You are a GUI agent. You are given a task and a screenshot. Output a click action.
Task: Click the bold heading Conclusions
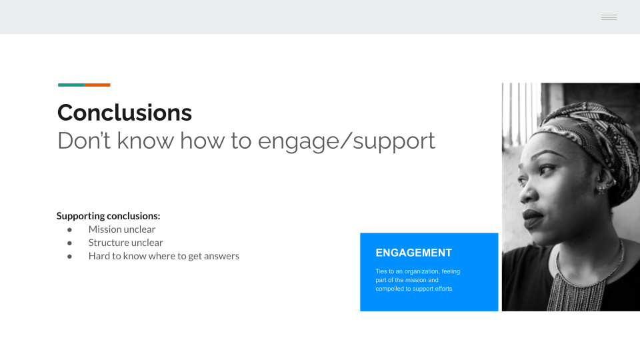point(125,113)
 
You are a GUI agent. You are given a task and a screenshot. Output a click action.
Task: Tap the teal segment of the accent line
point(71,85)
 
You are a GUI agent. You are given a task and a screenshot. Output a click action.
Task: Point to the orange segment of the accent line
point(97,85)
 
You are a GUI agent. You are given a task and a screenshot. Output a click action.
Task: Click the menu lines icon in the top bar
point(609,17)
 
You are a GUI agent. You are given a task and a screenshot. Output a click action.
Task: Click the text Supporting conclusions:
point(108,216)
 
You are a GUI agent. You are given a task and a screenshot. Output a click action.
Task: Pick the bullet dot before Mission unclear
point(69,230)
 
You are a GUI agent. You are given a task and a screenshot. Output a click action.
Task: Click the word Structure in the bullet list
point(108,243)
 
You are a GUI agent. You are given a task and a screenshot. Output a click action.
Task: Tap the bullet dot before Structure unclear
point(69,243)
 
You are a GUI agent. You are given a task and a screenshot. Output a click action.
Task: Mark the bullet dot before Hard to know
point(69,257)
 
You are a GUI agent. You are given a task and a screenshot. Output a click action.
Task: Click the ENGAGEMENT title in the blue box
point(414,253)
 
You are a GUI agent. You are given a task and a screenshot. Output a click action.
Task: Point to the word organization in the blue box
point(421,271)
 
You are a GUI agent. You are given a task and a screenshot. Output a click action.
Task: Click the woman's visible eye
point(548,169)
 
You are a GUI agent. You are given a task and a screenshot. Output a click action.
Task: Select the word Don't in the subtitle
point(84,141)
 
